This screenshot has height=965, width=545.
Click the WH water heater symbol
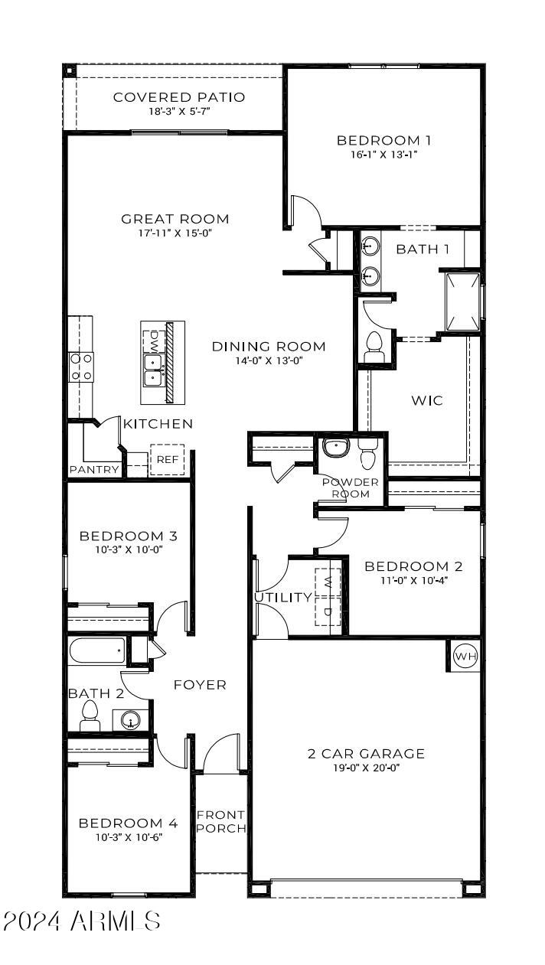click(465, 656)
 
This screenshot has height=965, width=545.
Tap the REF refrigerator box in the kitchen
click(167, 459)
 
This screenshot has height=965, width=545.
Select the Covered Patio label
click(179, 97)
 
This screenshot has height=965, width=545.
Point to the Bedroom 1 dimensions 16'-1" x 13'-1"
click(383, 154)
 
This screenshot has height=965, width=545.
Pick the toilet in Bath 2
click(90, 715)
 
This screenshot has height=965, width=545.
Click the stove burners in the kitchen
click(81, 367)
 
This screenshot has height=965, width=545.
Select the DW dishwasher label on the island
click(154, 337)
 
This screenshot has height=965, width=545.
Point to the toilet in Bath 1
click(375, 347)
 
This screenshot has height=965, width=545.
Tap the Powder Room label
click(350, 487)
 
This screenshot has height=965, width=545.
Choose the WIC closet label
click(427, 400)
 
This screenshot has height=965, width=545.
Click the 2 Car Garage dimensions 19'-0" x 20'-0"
click(365, 768)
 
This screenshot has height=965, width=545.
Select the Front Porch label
click(221, 821)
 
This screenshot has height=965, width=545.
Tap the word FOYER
click(200, 684)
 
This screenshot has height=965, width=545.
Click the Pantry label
click(94, 470)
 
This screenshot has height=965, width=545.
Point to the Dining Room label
click(269, 347)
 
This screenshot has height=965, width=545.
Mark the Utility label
click(283, 597)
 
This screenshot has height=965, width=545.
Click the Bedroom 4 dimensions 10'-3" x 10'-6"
click(128, 836)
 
